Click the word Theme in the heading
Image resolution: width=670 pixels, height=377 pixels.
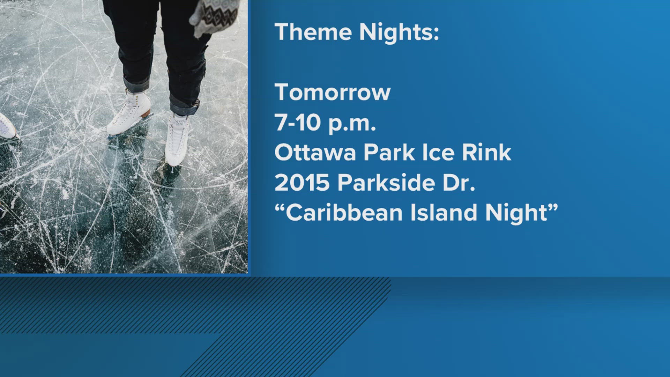tap(313, 32)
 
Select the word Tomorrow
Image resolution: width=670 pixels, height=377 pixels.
tap(332, 93)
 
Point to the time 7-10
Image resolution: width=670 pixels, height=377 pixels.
tap(297, 123)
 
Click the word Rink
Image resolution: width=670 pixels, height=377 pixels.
tap(486, 153)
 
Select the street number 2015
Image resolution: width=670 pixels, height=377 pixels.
tap(302, 183)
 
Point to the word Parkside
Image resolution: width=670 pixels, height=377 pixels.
tap(386, 183)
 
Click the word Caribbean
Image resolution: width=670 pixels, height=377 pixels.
tap(344, 213)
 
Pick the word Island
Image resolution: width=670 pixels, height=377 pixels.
tap(444, 213)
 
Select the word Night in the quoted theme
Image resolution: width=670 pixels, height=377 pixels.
tap(516, 213)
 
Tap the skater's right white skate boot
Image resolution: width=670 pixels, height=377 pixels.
tap(177, 140)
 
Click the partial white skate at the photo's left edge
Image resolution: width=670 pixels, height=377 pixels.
tap(6, 126)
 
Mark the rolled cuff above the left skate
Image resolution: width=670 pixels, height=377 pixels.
tap(136, 85)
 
